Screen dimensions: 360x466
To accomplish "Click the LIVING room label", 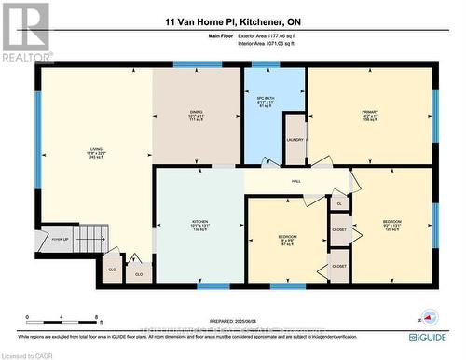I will coord(95,150).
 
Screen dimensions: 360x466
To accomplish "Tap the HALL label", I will coord(295,180).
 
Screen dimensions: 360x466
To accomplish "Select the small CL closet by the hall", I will coord(340,202).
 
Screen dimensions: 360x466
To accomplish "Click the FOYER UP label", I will coord(62,238).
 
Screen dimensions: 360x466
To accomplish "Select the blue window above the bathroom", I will coord(266,64).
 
